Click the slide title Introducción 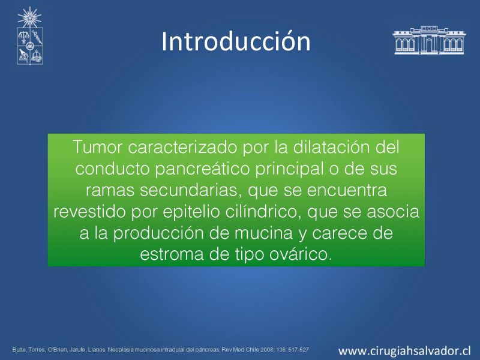click(x=236, y=41)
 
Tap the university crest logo click(x=29, y=36)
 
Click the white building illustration click(x=429, y=40)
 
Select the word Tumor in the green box click(x=97, y=146)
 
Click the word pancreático click(x=202, y=169)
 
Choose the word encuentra click(x=347, y=190)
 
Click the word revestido click(x=89, y=211)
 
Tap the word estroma click(x=172, y=254)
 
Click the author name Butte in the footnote click(x=19, y=349)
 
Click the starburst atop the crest click(x=29, y=17)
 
